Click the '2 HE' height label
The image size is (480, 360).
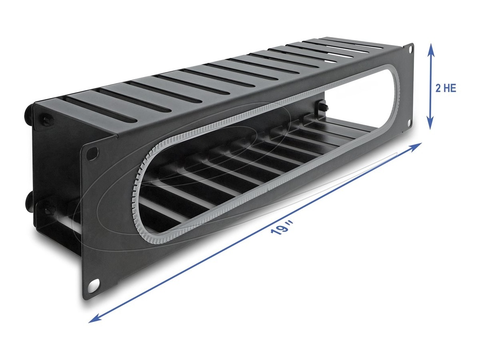click(x=445, y=88)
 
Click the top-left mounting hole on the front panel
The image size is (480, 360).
click(x=92, y=152)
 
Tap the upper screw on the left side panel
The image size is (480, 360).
click(x=47, y=120)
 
